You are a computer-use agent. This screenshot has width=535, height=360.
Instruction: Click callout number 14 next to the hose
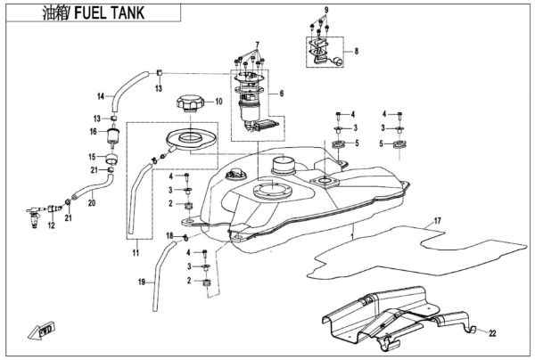point(101,95)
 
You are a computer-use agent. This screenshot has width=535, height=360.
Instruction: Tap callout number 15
point(91,155)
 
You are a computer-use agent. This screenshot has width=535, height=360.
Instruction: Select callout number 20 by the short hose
point(91,202)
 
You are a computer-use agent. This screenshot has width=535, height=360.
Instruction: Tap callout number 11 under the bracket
point(136,254)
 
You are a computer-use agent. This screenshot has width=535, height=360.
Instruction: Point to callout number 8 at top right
point(358,52)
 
